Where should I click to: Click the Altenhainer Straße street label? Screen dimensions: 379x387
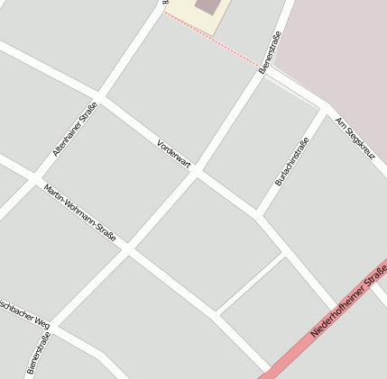tap(75, 130)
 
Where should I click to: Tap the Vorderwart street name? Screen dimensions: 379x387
tap(174, 153)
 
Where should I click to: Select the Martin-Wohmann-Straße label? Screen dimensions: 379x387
tap(80, 213)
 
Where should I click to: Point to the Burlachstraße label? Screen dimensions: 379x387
tap(291, 161)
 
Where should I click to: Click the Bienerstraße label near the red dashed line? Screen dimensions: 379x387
tap(270, 53)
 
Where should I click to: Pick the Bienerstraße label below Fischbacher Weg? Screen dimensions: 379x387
tap(38, 352)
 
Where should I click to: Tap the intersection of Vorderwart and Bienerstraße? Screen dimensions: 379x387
tap(197, 172)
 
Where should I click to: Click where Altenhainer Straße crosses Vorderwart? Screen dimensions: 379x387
tap(98, 97)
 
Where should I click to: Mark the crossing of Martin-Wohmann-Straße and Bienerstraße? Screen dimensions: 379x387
tap(129, 248)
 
